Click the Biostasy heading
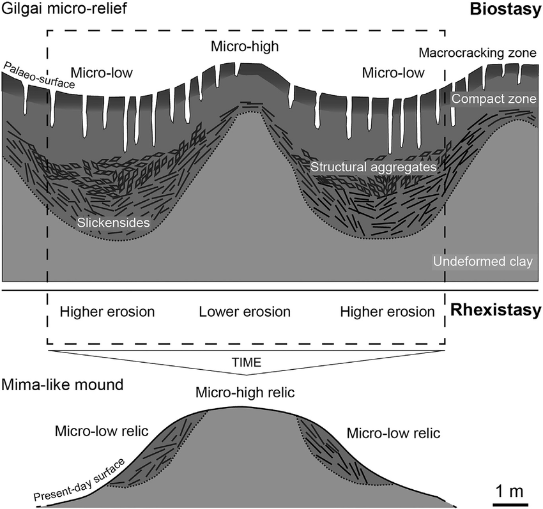coord(505,10)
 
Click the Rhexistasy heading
coord(496,312)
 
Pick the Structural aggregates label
coord(374,167)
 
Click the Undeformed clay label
coord(482,262)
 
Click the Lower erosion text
coord(245,312)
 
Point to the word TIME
coord(246,362)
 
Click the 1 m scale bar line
coord(509,504)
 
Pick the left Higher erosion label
coord(107,312)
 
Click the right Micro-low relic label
coord(394,433)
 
